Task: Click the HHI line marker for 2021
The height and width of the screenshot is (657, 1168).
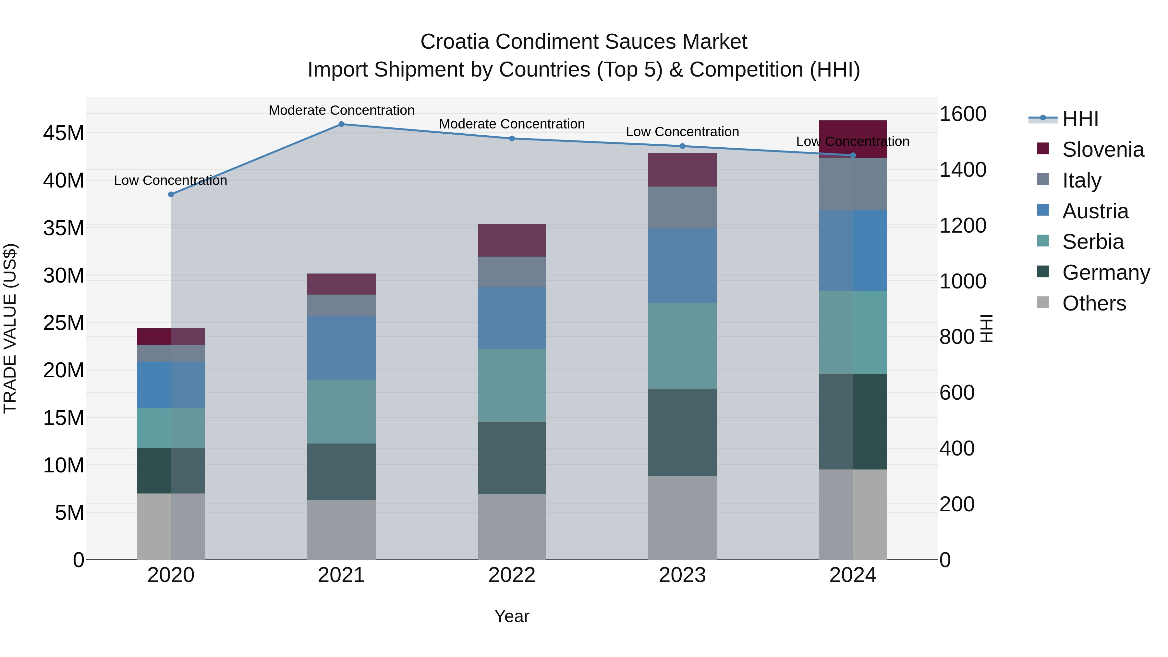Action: click(x=341, y=124)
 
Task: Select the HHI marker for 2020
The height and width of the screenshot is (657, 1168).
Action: click(x=171, y=195)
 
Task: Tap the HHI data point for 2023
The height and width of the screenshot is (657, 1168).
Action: click(x=682, y=146)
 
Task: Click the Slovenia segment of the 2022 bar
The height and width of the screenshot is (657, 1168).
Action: click(x=512, y=240)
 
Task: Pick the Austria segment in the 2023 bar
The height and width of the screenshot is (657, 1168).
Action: click(x=682, y=266)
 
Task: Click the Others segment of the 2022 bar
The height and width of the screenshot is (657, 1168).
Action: click(x=512, y=527)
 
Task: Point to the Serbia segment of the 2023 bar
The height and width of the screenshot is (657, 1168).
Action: click(x=682, y=346)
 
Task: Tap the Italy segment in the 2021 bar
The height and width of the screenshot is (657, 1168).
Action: click(x=341, y=305)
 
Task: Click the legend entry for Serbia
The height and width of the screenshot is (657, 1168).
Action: click(x=1093, y=242)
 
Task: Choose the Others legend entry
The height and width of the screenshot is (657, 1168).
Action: click(x=1094, y=303)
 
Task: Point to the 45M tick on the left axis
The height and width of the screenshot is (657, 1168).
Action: click(x=64, y=133)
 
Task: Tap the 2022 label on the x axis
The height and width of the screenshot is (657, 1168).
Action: click(x=512, y=575)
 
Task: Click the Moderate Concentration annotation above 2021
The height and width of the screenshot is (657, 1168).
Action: click(x=341, y=110)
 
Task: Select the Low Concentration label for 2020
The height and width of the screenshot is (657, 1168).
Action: click(x=170, y=180)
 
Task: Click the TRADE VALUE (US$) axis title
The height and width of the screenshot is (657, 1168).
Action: click(x=10, y=328)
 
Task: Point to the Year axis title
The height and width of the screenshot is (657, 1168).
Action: click(x=512, y=616)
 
